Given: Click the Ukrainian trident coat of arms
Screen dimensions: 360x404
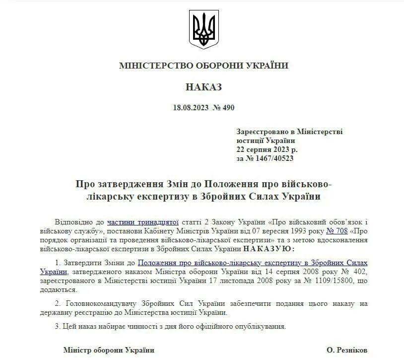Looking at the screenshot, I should tap(203, 30).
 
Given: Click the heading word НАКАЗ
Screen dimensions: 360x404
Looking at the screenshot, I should tap(203, 87).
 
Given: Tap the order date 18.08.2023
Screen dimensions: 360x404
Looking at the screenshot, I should tap(190, 108).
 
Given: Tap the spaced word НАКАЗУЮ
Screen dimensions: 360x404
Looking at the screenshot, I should tap(269, 248).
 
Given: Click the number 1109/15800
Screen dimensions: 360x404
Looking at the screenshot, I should tap(342, 281).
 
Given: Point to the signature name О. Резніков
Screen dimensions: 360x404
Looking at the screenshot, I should tap(347, 350).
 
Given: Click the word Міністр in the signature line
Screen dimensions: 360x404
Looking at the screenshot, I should tap(76, 350).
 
